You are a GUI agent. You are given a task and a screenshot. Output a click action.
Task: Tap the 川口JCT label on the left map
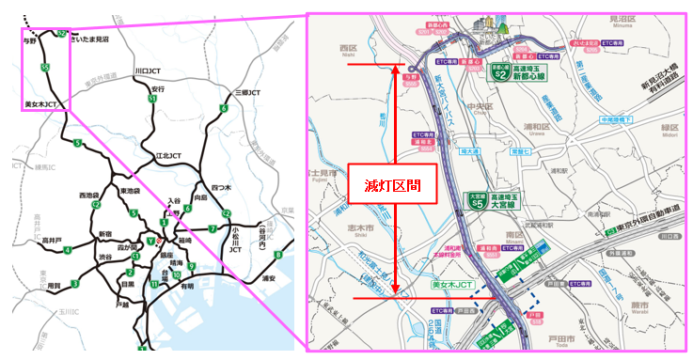tap(148, 70)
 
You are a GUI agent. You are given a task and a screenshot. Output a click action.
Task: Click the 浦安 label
tap(269, 277)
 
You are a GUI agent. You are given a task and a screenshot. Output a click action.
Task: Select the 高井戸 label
tap(52, 241)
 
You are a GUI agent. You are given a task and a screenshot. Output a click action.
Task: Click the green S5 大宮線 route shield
tap(478, 200)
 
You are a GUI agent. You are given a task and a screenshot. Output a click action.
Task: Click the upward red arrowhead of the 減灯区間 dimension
tap(397, 69)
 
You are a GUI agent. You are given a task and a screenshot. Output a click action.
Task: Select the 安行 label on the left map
tap(158, 89)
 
